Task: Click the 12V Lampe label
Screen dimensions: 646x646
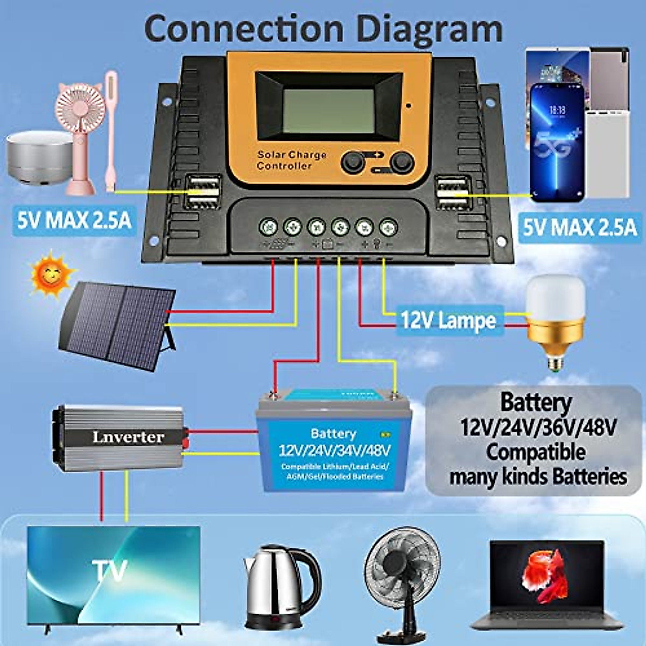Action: tap(448, 321)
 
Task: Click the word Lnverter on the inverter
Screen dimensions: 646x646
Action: tap(128, 437)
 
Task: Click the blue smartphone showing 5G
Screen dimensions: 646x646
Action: tap(557, 143)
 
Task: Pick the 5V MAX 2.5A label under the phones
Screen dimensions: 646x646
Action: tap(580, 228)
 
